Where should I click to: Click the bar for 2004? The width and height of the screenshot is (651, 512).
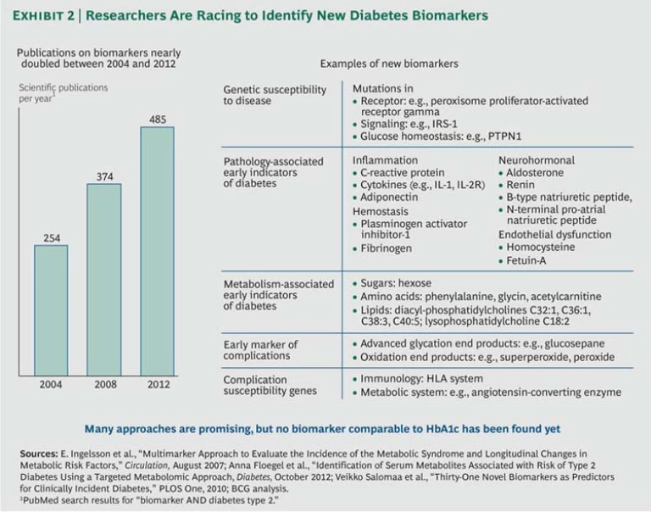click(x=51, y=309)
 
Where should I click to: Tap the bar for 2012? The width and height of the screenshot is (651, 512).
click(x=157, y=250)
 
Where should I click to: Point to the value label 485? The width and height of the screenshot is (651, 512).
click(x=158, y=120)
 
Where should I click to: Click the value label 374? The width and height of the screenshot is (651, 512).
click(x=104, y=175)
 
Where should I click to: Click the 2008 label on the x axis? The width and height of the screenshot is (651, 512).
click(x=104, y=384)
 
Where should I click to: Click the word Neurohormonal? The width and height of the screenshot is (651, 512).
click(x=537, y=159)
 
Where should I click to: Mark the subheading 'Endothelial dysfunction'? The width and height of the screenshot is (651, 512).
click(x=554, y=234)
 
